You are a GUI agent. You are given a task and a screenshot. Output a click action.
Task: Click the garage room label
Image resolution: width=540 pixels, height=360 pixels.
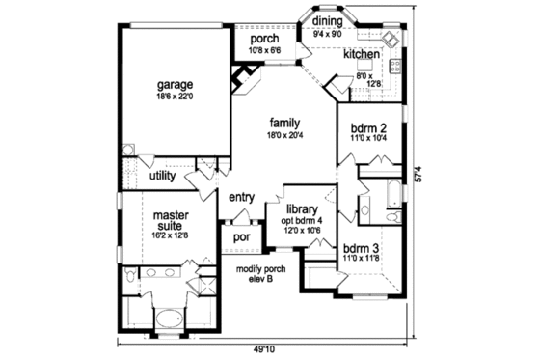tap(175, 84)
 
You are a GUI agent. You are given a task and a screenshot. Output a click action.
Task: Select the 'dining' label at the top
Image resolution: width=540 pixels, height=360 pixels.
tap(328, 20)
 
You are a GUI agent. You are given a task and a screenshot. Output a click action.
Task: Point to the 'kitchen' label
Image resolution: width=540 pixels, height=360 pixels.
tap(361, 55)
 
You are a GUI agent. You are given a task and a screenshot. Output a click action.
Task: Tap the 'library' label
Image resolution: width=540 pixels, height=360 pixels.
tap(302, 209)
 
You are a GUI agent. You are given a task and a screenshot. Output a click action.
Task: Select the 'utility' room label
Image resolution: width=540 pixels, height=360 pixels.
tap(161, 177)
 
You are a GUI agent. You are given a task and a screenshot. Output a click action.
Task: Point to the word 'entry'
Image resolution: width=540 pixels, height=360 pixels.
tap(241, 198)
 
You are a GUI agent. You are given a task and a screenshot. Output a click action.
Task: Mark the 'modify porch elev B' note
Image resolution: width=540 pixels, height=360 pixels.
tap(256, 272)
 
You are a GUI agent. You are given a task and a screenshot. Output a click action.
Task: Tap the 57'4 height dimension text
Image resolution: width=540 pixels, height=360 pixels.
tap(418, 177)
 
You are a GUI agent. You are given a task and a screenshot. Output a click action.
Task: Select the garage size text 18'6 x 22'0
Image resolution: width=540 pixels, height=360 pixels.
tap(175, 96)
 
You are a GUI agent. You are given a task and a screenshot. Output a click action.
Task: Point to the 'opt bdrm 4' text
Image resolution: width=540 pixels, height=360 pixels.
tap(301, 221)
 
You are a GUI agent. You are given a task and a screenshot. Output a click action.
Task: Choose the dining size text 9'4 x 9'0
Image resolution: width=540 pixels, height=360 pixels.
tap(328, 33)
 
